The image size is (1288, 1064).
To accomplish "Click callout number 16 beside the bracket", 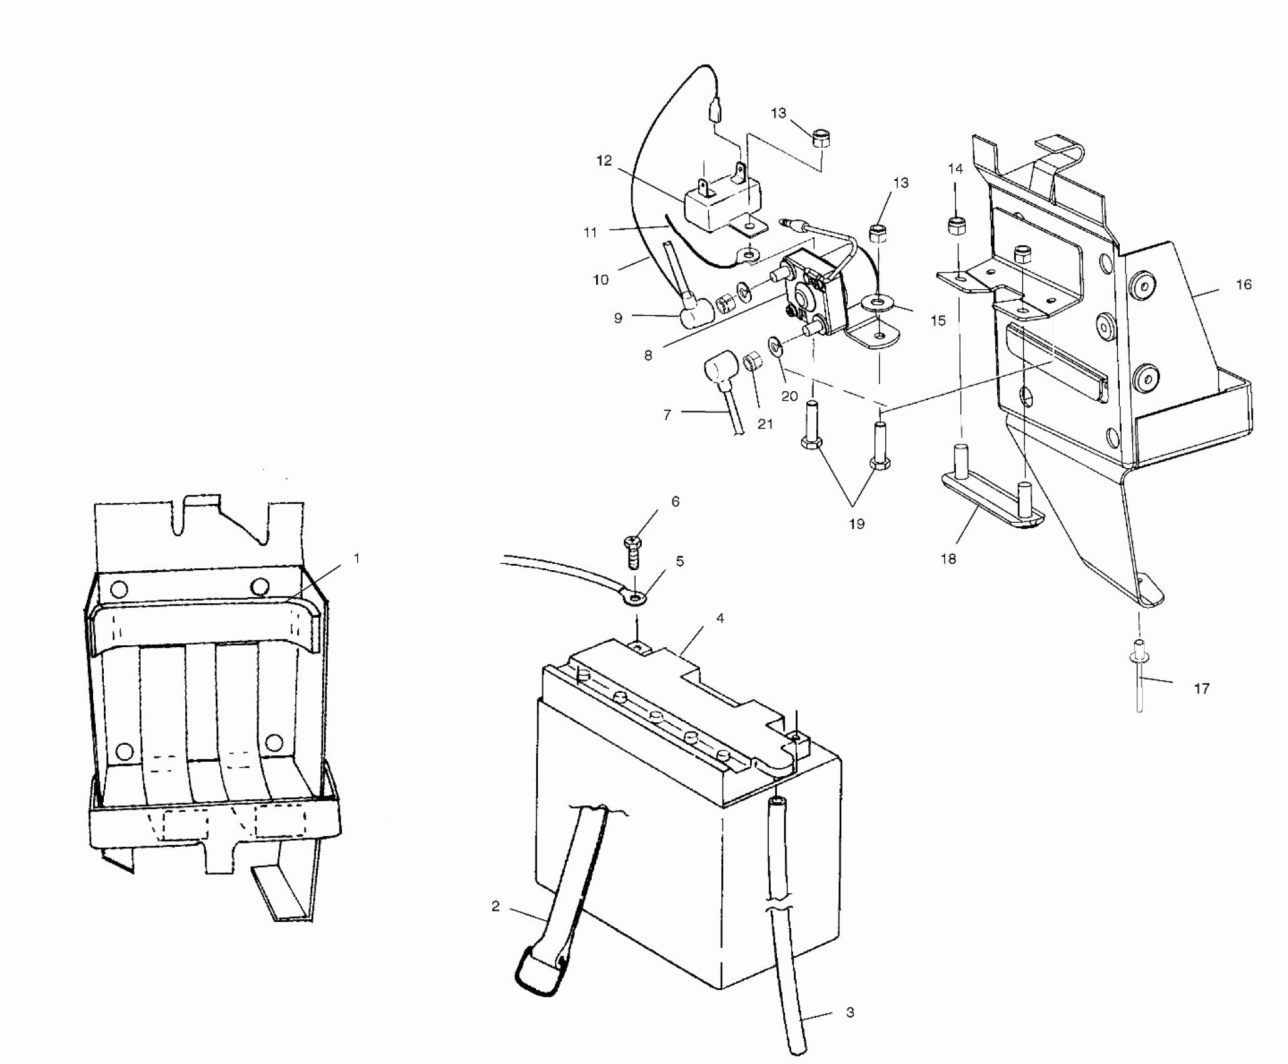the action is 1244,285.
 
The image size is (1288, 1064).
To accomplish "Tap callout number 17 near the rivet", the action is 1201,689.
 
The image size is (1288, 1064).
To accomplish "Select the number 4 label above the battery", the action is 720,618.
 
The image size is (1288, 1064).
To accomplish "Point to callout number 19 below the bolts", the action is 856,524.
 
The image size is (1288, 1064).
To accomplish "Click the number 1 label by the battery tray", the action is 357,558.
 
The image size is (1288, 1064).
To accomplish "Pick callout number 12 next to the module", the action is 604,161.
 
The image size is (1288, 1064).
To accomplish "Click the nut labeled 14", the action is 955,225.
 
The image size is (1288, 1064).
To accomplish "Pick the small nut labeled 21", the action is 751,361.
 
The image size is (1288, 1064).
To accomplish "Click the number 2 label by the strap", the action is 496,906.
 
